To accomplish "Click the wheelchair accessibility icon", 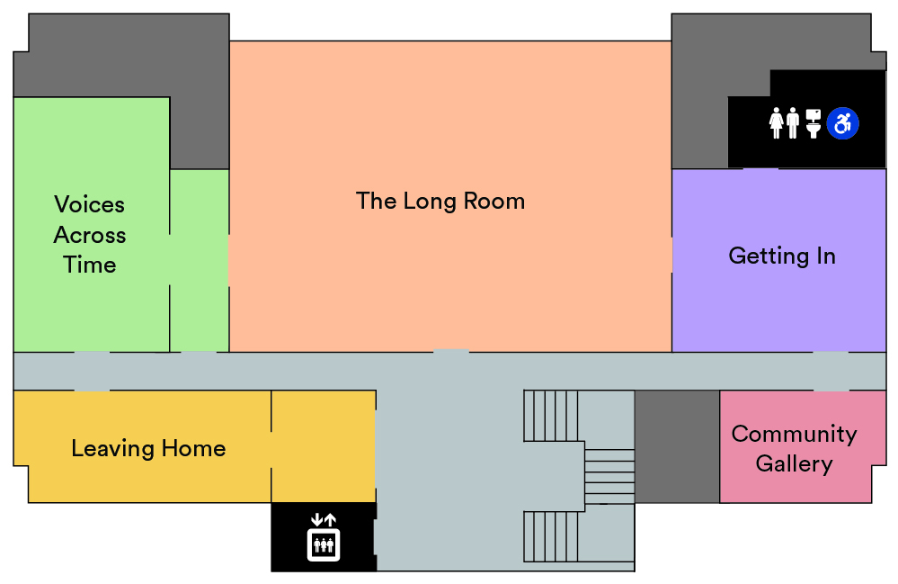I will point(842,123).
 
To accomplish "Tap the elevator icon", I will point(323,544).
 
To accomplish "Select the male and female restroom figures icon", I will point(784,123).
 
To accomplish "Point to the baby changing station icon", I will point(814,123).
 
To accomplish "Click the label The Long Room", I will point(440,201).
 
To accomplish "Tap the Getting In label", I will point(782,256).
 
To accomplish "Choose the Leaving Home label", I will point(148,448).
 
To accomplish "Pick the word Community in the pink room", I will point(794,434).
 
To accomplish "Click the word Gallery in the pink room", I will point(794,464).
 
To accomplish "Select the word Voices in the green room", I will point(90,204).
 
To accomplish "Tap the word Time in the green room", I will point(90,265).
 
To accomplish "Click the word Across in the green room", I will point(90,235).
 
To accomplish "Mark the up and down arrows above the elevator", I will point(323,519).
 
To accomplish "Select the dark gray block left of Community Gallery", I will point(677,446).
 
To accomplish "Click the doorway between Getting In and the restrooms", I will point(760,168).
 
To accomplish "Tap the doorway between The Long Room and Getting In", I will point(671,255).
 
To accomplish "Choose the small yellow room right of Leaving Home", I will point(324,445).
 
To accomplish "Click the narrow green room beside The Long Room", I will point(200,261).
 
